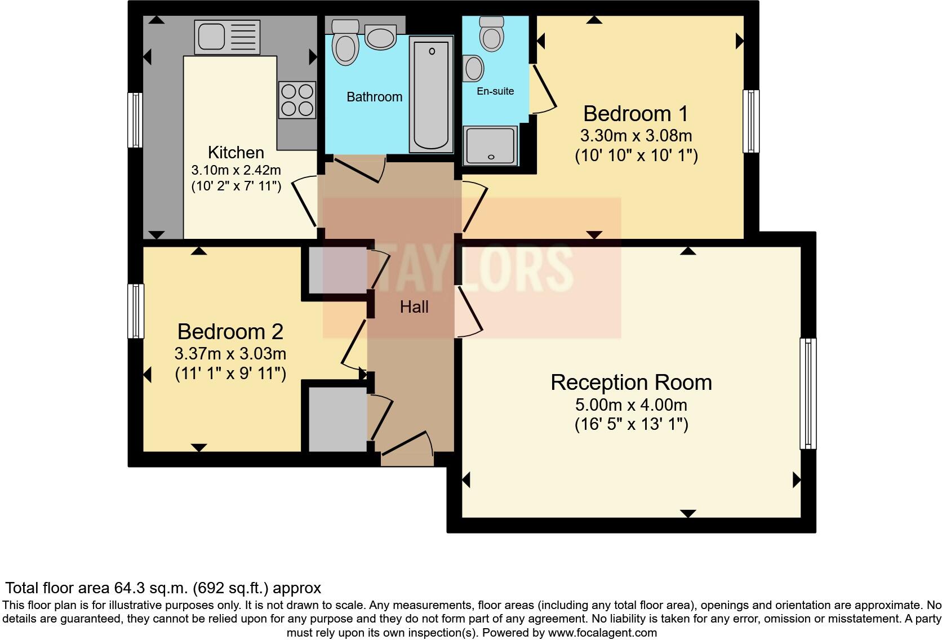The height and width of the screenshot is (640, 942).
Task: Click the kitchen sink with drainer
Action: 227,36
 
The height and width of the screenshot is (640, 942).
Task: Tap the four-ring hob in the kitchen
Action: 297,100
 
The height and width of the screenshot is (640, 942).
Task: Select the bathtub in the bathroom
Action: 432,94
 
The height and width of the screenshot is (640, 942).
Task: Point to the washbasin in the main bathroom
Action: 380,37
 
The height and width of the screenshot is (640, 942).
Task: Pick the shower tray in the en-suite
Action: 490,145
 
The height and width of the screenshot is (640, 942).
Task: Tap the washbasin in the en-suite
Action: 474,68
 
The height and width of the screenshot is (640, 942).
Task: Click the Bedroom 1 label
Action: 636,114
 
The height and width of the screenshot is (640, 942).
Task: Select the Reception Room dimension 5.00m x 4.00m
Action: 631,405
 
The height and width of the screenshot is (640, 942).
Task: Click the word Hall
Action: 414,307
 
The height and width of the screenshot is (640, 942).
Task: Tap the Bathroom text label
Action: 374,97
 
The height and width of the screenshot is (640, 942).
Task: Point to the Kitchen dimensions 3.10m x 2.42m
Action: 236,170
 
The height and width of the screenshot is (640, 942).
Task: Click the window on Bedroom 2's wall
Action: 136,311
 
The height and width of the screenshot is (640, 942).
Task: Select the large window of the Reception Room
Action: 808,393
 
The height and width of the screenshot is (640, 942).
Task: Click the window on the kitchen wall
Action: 135,120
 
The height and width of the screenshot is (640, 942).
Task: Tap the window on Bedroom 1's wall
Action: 751,121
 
